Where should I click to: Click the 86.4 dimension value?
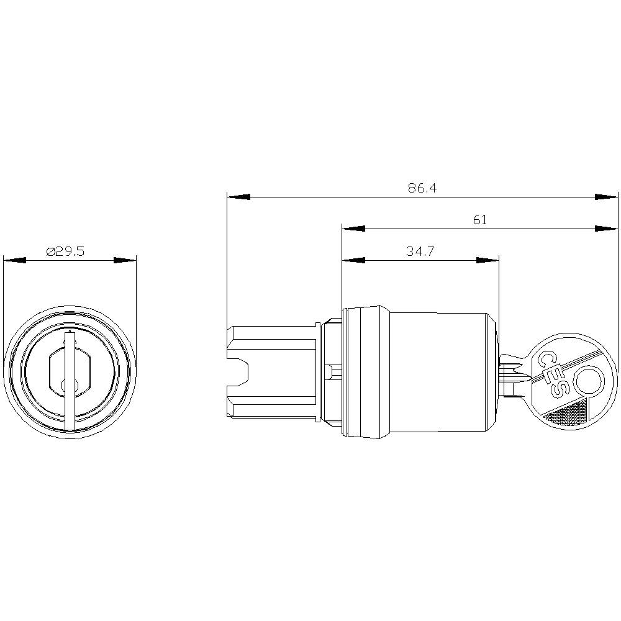point(422,188)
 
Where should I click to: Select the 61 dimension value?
point(479,219)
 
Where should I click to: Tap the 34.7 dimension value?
point(420,251)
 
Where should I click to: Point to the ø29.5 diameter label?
point(65,251)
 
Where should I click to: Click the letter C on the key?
point(545,358)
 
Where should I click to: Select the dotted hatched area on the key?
point(567,413)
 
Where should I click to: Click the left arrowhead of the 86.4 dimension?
point(238,197)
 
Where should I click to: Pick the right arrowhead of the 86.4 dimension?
point(606,197)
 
